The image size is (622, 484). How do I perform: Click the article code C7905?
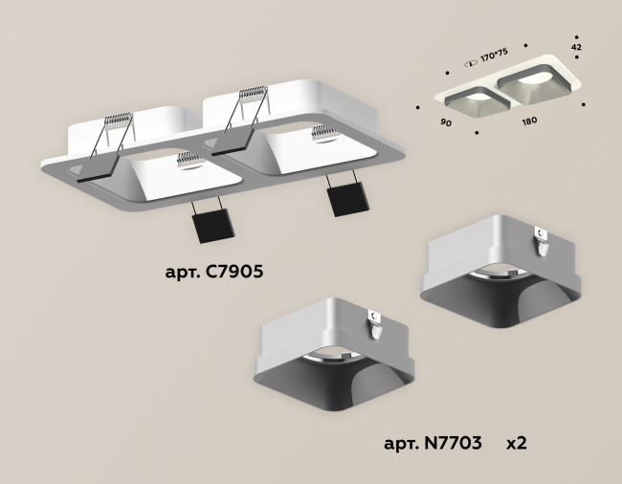pyautogui.click(x=212, y=272)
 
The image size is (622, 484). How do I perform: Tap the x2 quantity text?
pyautogui.click(x=516, y=444)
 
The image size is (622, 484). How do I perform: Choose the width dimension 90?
pyautogui.click(x=447, y=123)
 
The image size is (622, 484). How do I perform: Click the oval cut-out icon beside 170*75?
pyautogui.click(x=471, y=61)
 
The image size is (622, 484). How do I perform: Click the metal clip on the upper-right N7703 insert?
pyautogui.click(x=541, y=239)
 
